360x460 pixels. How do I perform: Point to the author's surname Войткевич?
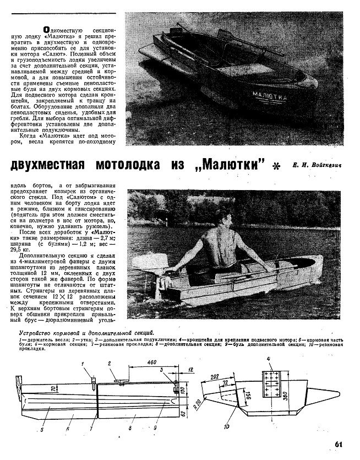click(326, 164)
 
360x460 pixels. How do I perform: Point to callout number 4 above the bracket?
click(269, 360)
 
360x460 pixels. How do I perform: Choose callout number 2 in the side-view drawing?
click(110, 364)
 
